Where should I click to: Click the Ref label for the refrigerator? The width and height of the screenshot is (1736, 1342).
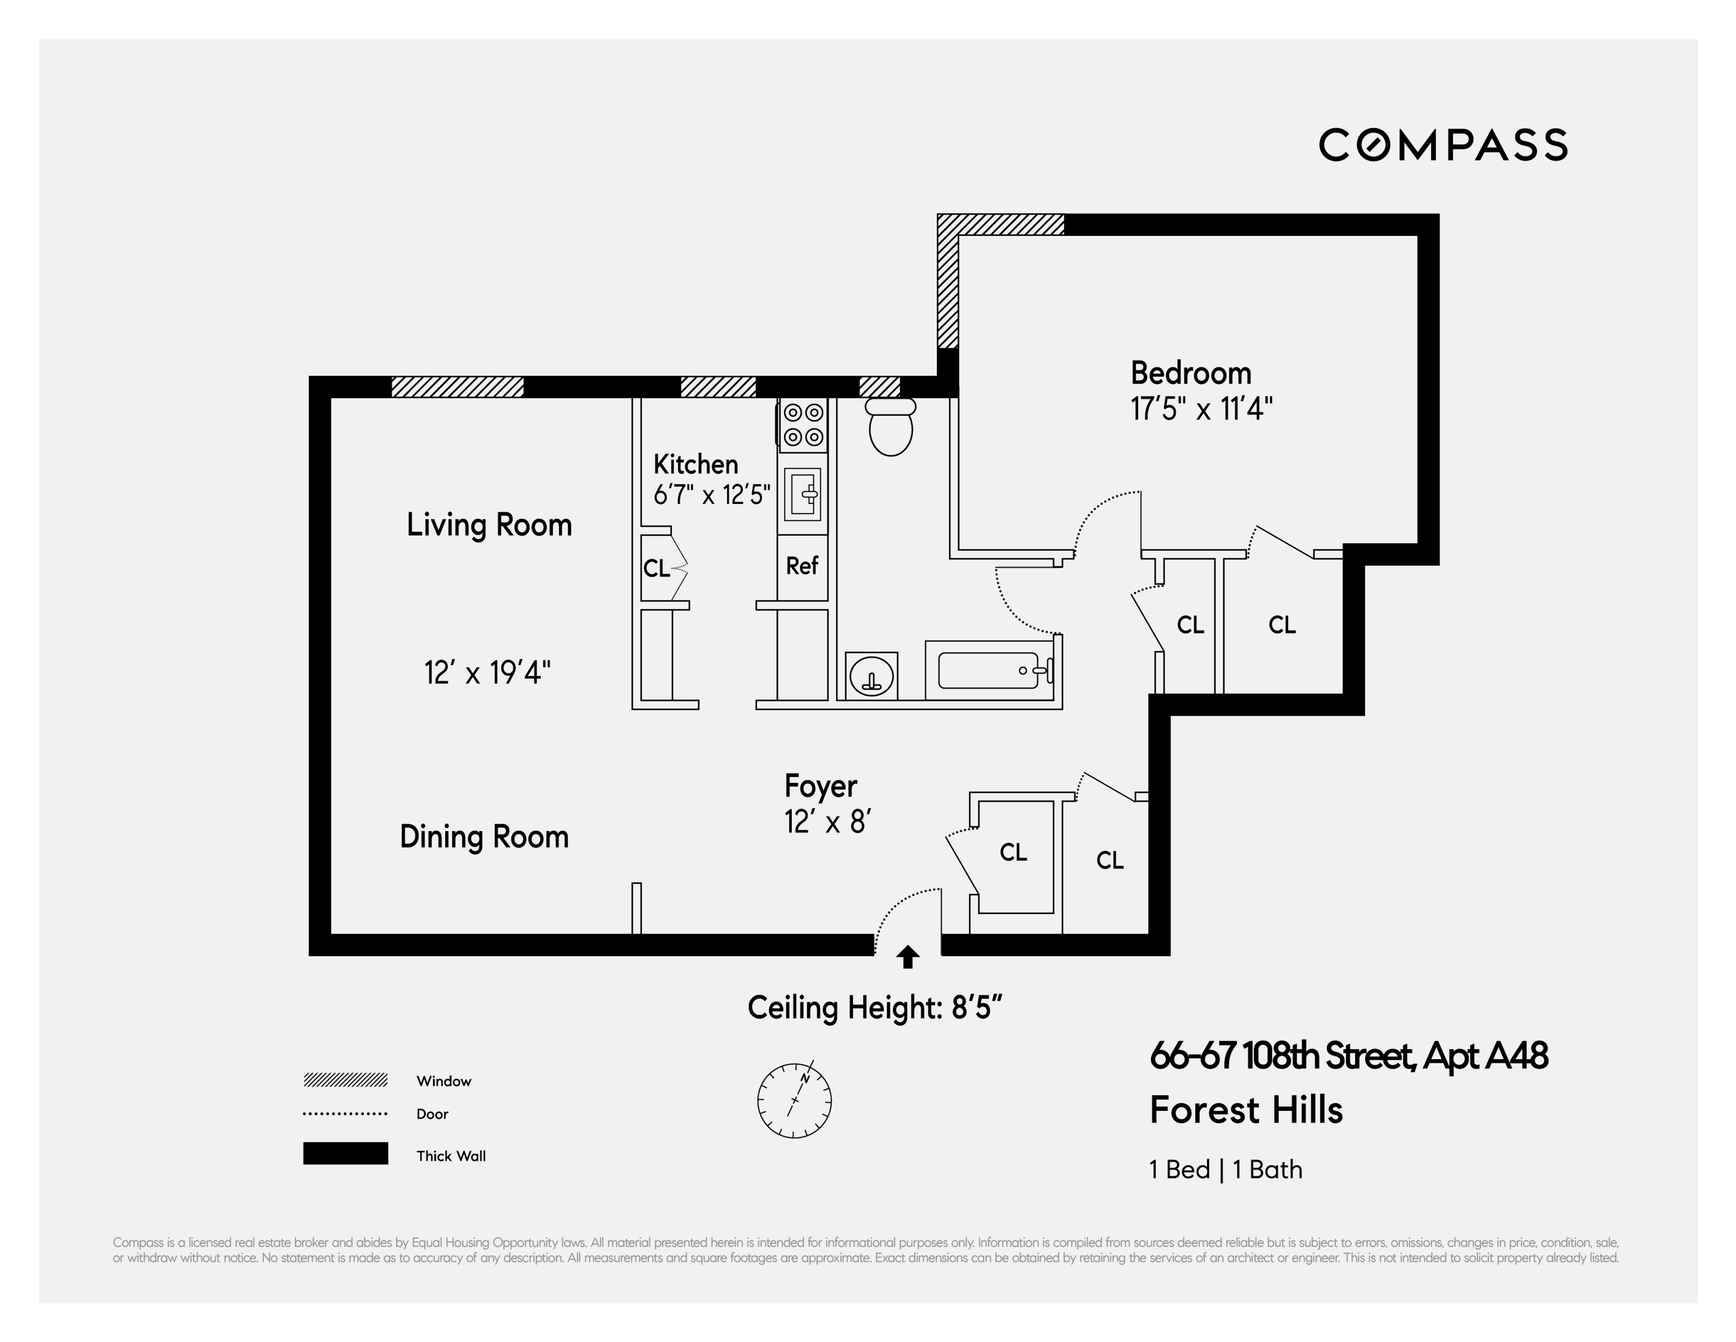tap(802, 566)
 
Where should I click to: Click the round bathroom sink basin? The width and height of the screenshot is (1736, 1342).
tap(871, 677)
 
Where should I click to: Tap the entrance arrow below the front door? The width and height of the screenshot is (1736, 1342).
tap(908, 957)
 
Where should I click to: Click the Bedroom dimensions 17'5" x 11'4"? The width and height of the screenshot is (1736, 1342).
tap(1201, 410)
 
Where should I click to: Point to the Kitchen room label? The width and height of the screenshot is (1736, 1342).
tap(696, 464)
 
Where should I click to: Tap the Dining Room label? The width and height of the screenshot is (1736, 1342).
tap(484, 836)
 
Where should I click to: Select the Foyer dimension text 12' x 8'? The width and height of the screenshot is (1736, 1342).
tap(828, 821)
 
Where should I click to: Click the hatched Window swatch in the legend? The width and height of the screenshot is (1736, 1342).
tap(345, 1080)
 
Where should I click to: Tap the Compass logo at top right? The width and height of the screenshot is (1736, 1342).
tap(1443, 145)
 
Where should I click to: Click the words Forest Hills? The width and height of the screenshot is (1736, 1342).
tap(1245, 1110)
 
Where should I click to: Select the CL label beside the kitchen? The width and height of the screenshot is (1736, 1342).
tap(657, 568)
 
